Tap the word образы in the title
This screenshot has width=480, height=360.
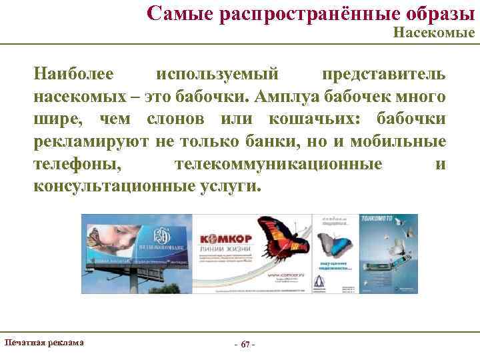pyautogui.click(x=434, y=13)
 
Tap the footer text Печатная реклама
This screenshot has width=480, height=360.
pyautogui.click(x=44, y=342)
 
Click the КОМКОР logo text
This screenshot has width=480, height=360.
pyautogui.click(x=223, y=238)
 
